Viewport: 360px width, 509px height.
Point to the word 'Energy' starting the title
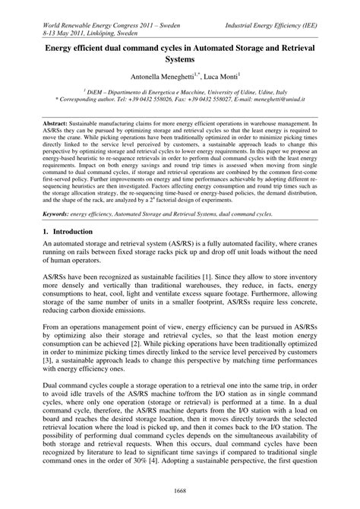coord(65,46)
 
